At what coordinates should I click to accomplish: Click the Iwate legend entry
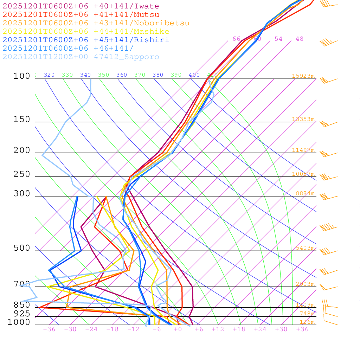(81, 6)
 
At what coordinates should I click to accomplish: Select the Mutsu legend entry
(81, 15)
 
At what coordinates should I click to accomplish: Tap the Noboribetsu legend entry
(96, 23)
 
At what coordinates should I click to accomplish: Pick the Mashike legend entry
(86, 32)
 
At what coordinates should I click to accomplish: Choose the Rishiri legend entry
(86, 40)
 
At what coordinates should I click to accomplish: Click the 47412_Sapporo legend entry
(81, 57)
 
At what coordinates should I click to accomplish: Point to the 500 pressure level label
(22, 248)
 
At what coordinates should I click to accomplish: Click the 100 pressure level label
(22, 76)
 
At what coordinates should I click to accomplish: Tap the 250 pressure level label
(22, 174)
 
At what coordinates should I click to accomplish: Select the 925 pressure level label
(22, 314)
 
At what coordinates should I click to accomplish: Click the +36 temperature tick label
(302, 329)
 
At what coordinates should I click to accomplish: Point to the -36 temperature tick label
(49, 329)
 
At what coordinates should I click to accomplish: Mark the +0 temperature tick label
(178, 329)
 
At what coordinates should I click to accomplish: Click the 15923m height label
(303, 76)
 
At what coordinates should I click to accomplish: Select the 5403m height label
(305, 248)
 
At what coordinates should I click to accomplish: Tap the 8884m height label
(305, 193)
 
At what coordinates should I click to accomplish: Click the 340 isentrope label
(85, 75)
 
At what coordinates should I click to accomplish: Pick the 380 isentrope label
(158, 75)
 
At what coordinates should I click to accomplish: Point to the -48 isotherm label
(297, 39)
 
